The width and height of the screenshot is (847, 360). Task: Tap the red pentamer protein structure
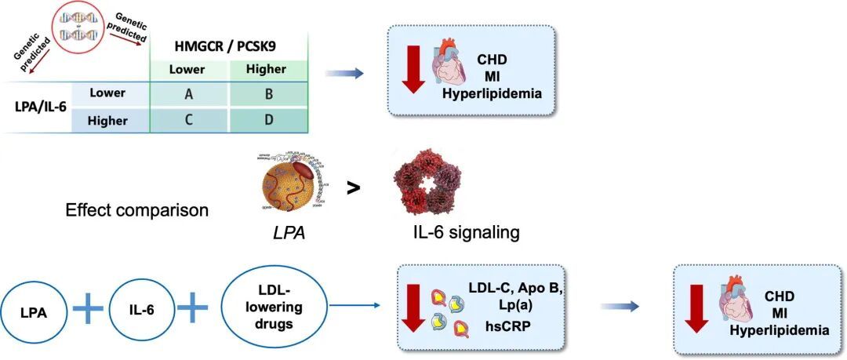428,185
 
